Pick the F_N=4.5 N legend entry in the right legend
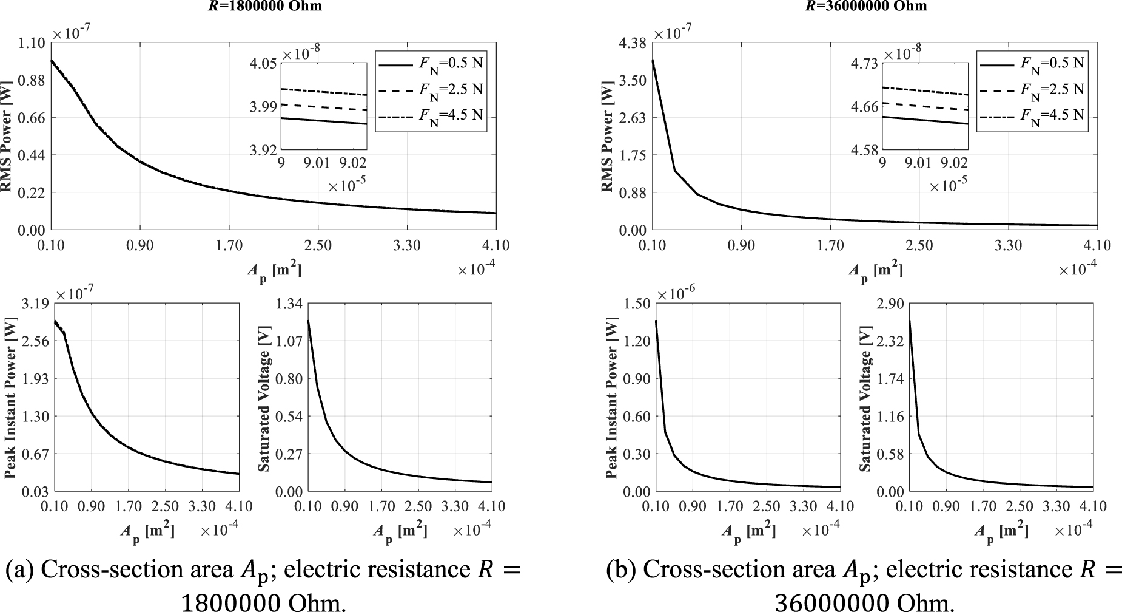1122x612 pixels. click(1052, 115)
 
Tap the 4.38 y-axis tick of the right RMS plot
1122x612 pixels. click(634, 43)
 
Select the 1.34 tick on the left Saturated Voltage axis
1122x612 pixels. click(289, 304)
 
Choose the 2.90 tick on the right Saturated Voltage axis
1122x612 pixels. click(891, 304)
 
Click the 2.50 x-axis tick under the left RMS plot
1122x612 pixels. click(318, 246)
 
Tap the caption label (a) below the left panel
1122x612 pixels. click(21, 570)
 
